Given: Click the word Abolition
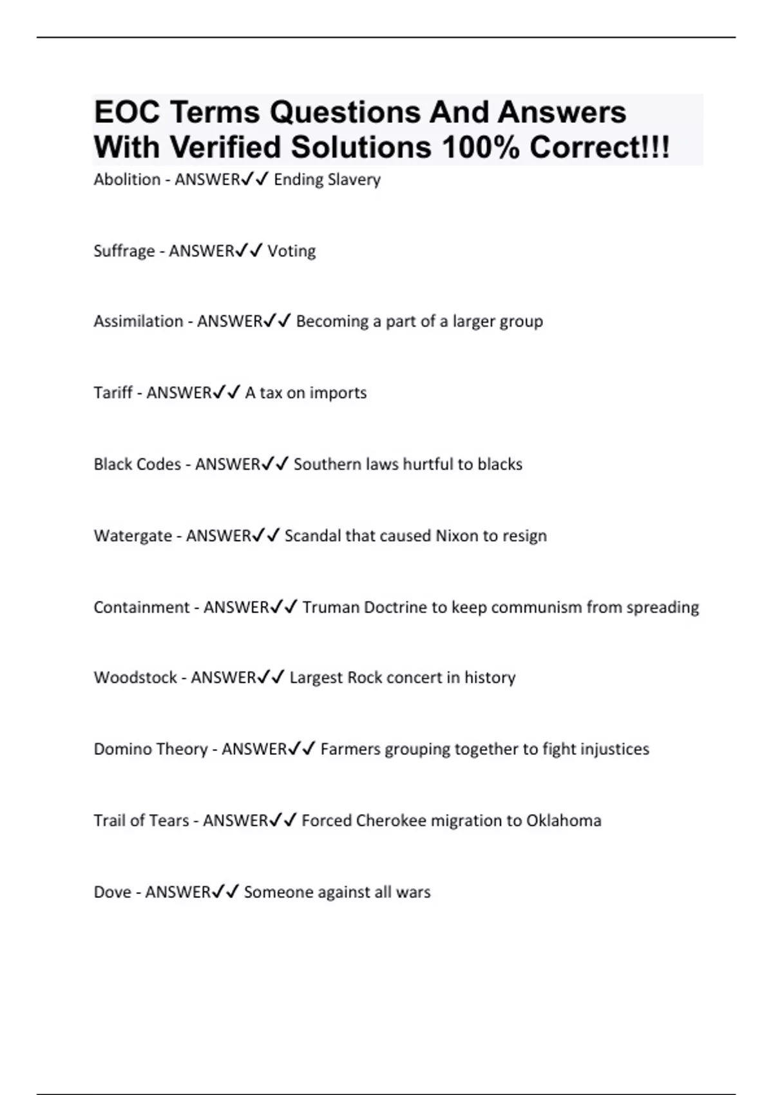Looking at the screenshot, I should pos(127,179).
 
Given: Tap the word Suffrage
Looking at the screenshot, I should pos(124,251).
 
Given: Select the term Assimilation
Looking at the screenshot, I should pos(138,321).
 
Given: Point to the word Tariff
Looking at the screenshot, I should pos(113,392).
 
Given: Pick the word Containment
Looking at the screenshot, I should pos(142,607).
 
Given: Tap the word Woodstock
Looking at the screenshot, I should pos(135,678).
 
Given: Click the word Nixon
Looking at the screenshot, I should pos(457,535).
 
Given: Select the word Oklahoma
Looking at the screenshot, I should pos(564,821).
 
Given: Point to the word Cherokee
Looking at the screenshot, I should pos(391,821).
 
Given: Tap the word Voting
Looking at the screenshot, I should pos(291,251).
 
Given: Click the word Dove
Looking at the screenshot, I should pos(112,892).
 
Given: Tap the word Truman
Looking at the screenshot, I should pos(330,607).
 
